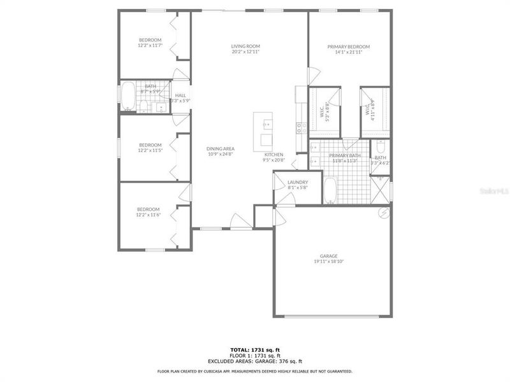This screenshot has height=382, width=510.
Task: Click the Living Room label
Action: click(x=245, y=46)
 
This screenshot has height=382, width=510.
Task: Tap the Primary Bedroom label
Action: click(x=348, y=46)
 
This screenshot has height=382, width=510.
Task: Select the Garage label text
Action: click(x=330, y=256)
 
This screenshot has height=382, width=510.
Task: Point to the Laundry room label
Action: click(x=298, y=182)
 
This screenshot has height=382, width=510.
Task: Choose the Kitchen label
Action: click(x=273, y=155)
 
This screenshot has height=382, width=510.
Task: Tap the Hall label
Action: click(x=180, y=95)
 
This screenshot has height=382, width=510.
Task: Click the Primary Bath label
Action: click(x=345, y=155)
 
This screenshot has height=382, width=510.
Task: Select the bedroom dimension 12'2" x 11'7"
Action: click(x=150, y=46)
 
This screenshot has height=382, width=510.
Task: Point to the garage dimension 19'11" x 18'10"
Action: click(x=330, y=262)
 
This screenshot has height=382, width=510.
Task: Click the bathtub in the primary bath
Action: click(x=330, y=190)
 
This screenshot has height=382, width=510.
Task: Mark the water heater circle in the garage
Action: click(x=384, y=213)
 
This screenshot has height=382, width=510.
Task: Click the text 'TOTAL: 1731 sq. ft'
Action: click(x=254, y=350)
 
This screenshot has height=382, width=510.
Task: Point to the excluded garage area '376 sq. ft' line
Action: click(x=254, y=361)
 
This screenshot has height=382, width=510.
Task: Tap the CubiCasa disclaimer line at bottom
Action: click(x=254, y=371)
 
